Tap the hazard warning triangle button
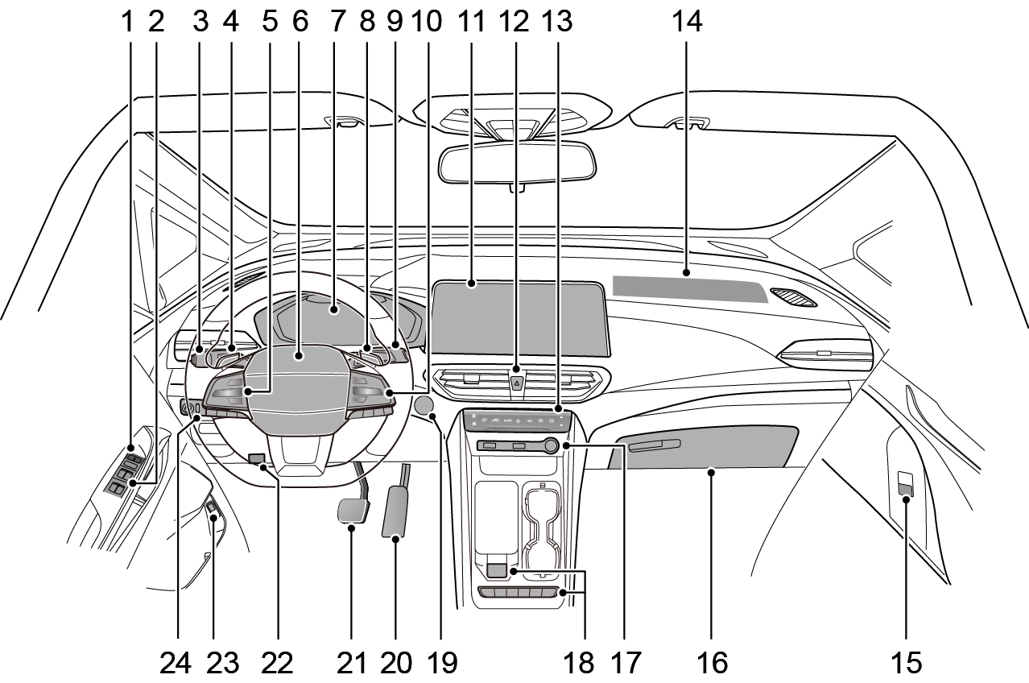tap(516, 382)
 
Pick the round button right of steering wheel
tap(424, 405)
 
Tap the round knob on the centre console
tap(552, 445)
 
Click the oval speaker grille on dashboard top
tap(793, 297)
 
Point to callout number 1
tap(127, 22)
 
